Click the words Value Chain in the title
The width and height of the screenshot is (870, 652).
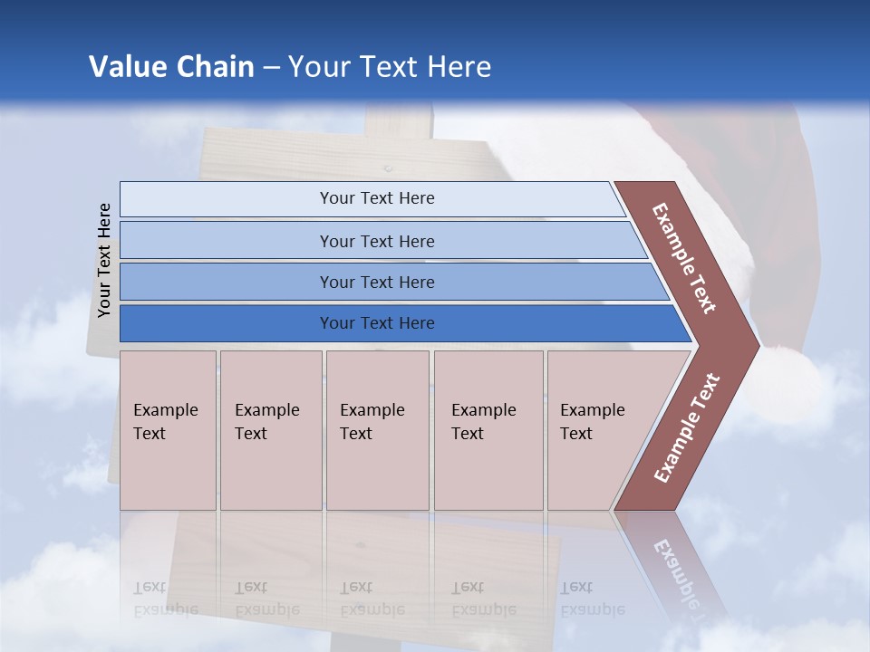click(171, 67)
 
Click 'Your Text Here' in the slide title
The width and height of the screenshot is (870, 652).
click(390, 67)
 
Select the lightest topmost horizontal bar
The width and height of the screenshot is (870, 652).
click(376, 198)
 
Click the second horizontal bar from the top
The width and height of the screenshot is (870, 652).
click(376, 241)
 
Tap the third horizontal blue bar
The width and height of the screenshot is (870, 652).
click(376, 282)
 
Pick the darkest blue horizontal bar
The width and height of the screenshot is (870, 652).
click(376, 323)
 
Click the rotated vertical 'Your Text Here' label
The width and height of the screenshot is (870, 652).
click(105, 261)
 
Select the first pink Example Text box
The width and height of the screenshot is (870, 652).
click(168, 430)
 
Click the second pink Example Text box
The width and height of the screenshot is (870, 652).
click(270, 430)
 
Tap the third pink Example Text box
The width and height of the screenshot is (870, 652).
click(377, 430)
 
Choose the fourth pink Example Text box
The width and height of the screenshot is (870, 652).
click(488, 430)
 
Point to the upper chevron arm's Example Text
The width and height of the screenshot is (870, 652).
click(684, 258)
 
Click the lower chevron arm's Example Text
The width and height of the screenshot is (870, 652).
click(687, 427)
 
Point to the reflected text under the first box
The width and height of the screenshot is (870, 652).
click(166, 599)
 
